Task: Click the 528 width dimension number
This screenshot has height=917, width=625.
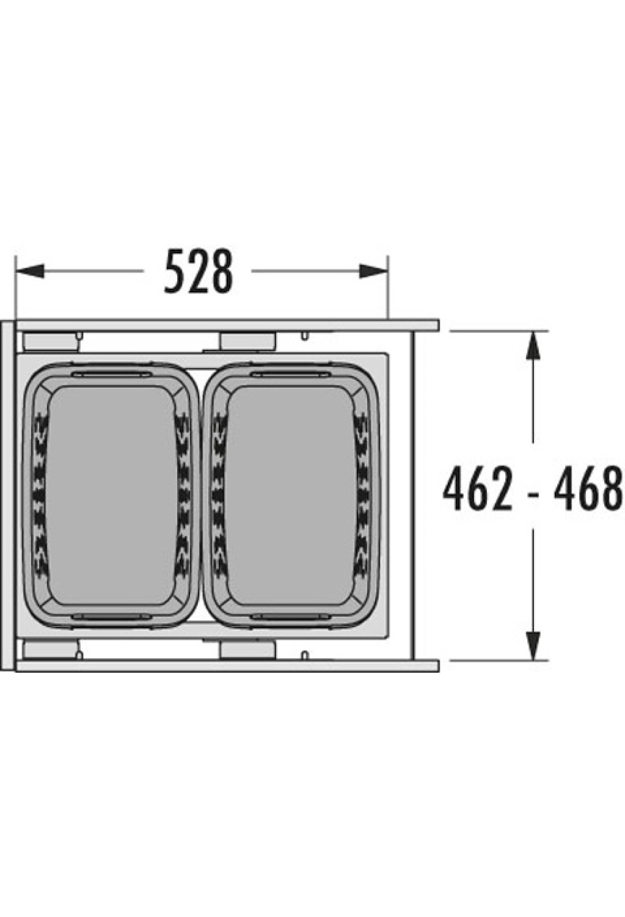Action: pos(198,271)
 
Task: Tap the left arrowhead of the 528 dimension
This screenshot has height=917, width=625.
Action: pos(30,271)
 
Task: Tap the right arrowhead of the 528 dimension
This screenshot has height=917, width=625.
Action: pos(373,271)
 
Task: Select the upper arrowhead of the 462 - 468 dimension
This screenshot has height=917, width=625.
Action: pos(532,345)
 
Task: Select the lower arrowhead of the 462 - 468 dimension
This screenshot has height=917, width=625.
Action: pos(532,646)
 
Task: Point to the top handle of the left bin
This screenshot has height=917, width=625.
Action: pos(111,374)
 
